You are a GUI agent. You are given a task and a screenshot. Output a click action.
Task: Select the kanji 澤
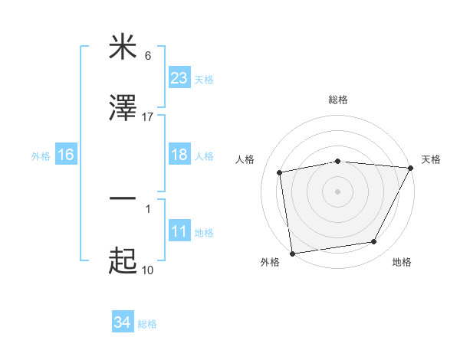pos(123,110)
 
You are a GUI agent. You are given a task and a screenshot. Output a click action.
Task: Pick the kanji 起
pos(123,261)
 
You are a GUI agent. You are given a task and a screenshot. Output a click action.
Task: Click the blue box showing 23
pos(179,78)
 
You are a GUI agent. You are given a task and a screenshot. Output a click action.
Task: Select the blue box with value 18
pos(179,155)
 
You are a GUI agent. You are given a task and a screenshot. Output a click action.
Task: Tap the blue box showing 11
pos(179,231)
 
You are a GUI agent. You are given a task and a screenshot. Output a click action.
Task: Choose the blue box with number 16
pos(66,155)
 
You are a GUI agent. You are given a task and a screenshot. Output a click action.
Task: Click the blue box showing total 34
pos(123,322)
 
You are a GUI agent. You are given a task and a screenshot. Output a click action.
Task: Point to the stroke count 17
pos(148,117)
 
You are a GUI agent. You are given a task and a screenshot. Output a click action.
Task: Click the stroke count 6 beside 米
pos(148,55)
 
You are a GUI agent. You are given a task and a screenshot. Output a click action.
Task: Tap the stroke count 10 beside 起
pos(148,270)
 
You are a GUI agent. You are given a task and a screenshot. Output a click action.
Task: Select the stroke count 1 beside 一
pos(148,208)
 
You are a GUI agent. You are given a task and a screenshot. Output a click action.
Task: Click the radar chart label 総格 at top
pos(338,100)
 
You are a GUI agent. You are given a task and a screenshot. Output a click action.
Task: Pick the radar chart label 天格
pos(431,159)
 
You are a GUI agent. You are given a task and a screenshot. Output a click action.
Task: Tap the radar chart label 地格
pos(402,263)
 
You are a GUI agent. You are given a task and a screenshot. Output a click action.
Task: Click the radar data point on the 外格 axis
pos(292,253)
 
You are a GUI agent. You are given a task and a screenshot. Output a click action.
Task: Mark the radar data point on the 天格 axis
pos(412,168)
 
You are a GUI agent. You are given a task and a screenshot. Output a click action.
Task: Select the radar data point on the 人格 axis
pos(280,172)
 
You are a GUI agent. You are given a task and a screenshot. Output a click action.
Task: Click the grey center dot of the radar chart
pos(338,191)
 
